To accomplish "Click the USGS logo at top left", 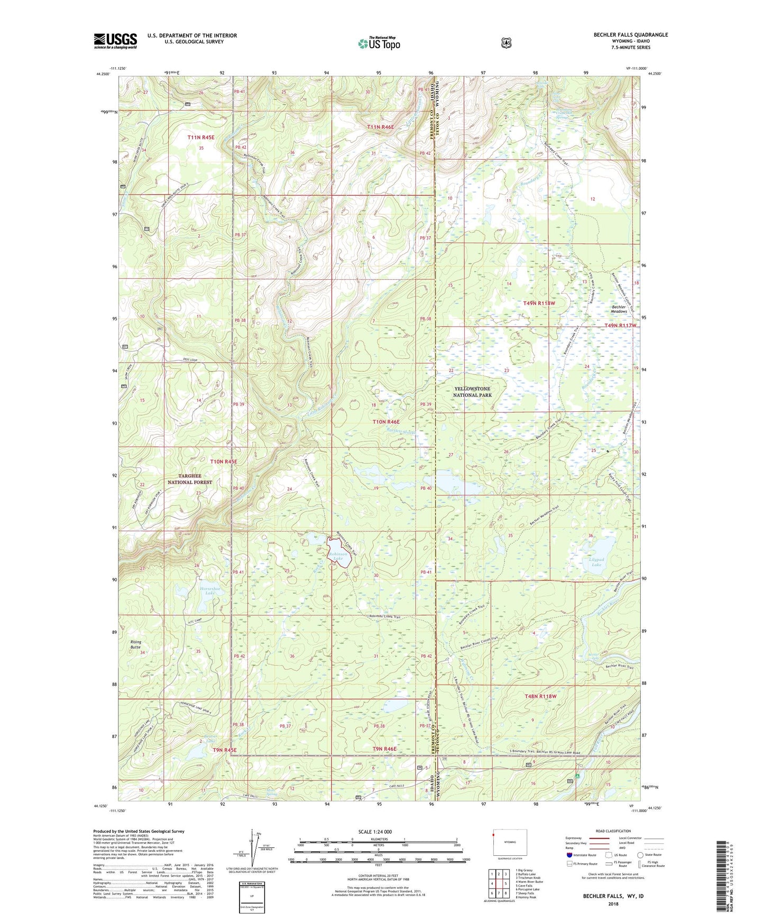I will (115, 41).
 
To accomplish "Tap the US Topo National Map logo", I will (379, 43).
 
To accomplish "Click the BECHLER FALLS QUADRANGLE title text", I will (623, 35).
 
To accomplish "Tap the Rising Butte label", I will (136, 644).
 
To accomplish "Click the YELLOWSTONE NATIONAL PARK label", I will (472, 392).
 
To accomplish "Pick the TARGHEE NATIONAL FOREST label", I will (190, 479).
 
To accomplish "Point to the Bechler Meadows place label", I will (619, 309).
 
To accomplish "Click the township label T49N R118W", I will (539, 303).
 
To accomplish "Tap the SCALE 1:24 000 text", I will (375, 832).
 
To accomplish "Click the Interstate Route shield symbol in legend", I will (569, 855).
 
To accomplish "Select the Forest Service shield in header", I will (506, 43).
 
